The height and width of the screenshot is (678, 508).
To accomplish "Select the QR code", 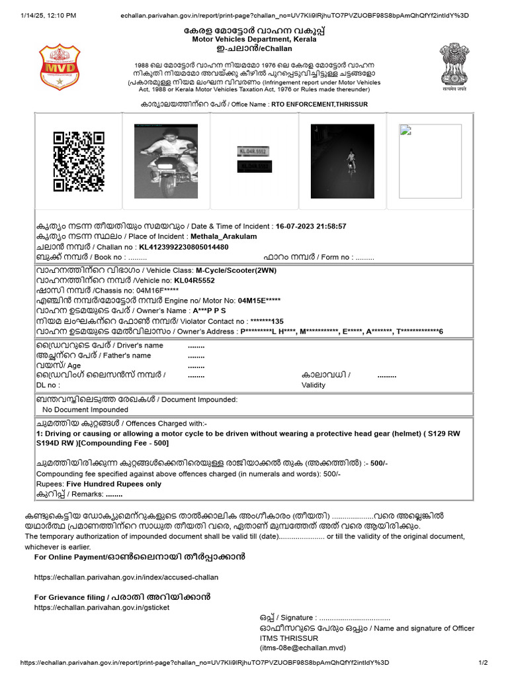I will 78,161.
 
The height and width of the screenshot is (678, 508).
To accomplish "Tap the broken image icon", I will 404,130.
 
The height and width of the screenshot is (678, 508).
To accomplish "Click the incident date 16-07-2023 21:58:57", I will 311,226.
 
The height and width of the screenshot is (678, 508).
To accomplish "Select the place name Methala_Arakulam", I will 224,236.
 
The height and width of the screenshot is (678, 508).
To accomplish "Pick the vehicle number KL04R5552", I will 190,281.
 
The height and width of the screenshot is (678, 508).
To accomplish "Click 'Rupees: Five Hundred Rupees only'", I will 99,484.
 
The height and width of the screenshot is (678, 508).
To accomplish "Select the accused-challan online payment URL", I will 126,577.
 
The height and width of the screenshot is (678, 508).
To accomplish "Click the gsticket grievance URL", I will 101,607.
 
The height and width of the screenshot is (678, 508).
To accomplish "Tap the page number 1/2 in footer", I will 482,663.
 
